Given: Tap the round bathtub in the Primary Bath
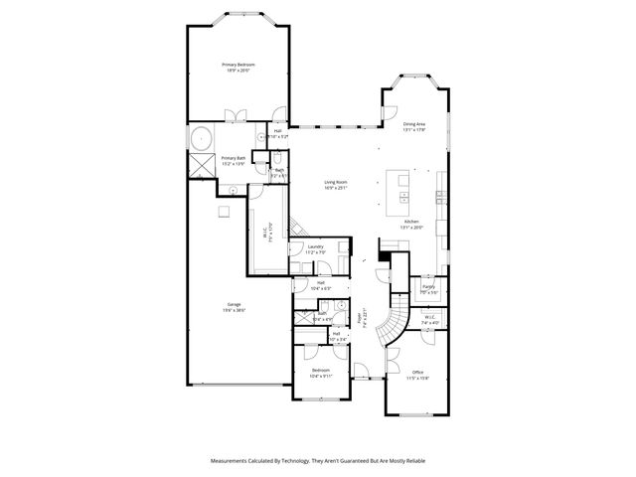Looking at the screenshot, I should point(202,138).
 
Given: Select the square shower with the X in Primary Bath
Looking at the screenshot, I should point(202,165).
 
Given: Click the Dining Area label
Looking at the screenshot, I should point(413,125).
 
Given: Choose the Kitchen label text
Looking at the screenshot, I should point(410,223).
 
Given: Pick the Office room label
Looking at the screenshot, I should point(417,375).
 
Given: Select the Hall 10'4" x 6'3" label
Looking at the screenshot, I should point(321,285).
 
